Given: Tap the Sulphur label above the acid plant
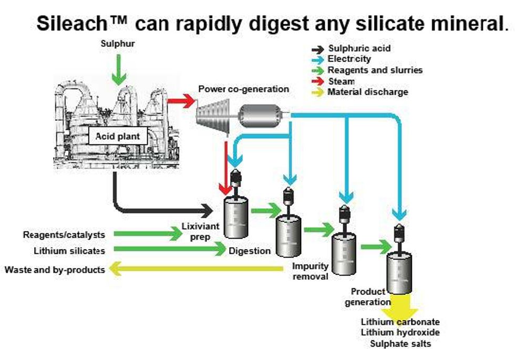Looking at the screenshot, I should (118, 44).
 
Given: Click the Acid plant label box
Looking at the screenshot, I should (118, 137).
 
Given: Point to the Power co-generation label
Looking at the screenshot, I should (243, 89).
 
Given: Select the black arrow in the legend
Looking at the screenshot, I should (317, 49).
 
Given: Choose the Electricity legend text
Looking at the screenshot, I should (349, 59).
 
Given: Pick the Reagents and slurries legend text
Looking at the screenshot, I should (375, 70).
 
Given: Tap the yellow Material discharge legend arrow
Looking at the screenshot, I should (317, 92).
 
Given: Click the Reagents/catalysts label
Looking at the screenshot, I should (64, 234).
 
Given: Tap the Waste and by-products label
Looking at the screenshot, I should (55, 270).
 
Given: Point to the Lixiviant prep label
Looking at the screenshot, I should (195, 232).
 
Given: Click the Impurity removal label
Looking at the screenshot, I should (310, 271).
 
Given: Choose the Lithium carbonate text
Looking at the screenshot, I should (400, 322).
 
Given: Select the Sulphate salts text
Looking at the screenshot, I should (400, 344).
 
